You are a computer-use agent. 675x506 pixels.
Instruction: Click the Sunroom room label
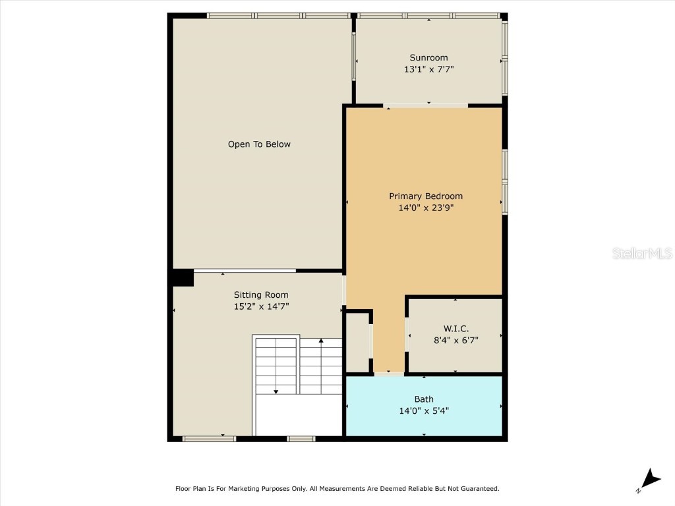428,58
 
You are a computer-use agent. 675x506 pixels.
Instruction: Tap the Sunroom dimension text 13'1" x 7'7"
428,69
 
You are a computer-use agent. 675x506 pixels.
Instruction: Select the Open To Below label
259,144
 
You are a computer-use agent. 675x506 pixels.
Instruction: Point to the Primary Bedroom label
426,196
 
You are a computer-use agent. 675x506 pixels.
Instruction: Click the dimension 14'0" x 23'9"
426,208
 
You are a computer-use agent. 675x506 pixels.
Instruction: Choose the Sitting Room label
261,295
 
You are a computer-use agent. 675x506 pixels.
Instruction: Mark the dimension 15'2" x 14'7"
261,306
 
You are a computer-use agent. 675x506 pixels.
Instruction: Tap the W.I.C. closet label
456,329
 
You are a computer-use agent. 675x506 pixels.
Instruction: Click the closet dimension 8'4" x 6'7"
456,341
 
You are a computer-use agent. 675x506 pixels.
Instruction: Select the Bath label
424,399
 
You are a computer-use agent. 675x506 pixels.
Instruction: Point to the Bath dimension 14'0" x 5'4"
424,411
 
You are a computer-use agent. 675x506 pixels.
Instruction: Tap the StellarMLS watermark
642,253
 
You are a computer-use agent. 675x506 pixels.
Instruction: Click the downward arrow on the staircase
276,366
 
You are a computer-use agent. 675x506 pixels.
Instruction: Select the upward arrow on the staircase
321,366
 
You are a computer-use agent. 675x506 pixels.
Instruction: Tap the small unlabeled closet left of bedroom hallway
357,343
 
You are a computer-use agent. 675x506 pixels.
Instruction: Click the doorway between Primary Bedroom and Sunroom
425,106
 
